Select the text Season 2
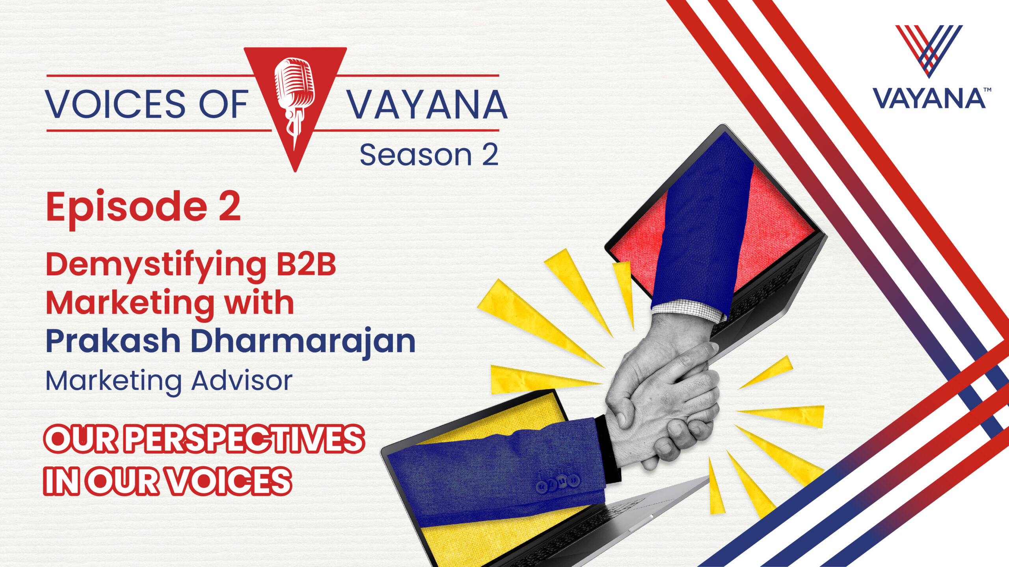[x=429, y=155]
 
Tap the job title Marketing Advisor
[x=169, y=381]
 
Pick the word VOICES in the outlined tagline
[x=228, y=481]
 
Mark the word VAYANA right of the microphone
[x=427, y=104]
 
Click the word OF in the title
[x=223, y=104]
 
